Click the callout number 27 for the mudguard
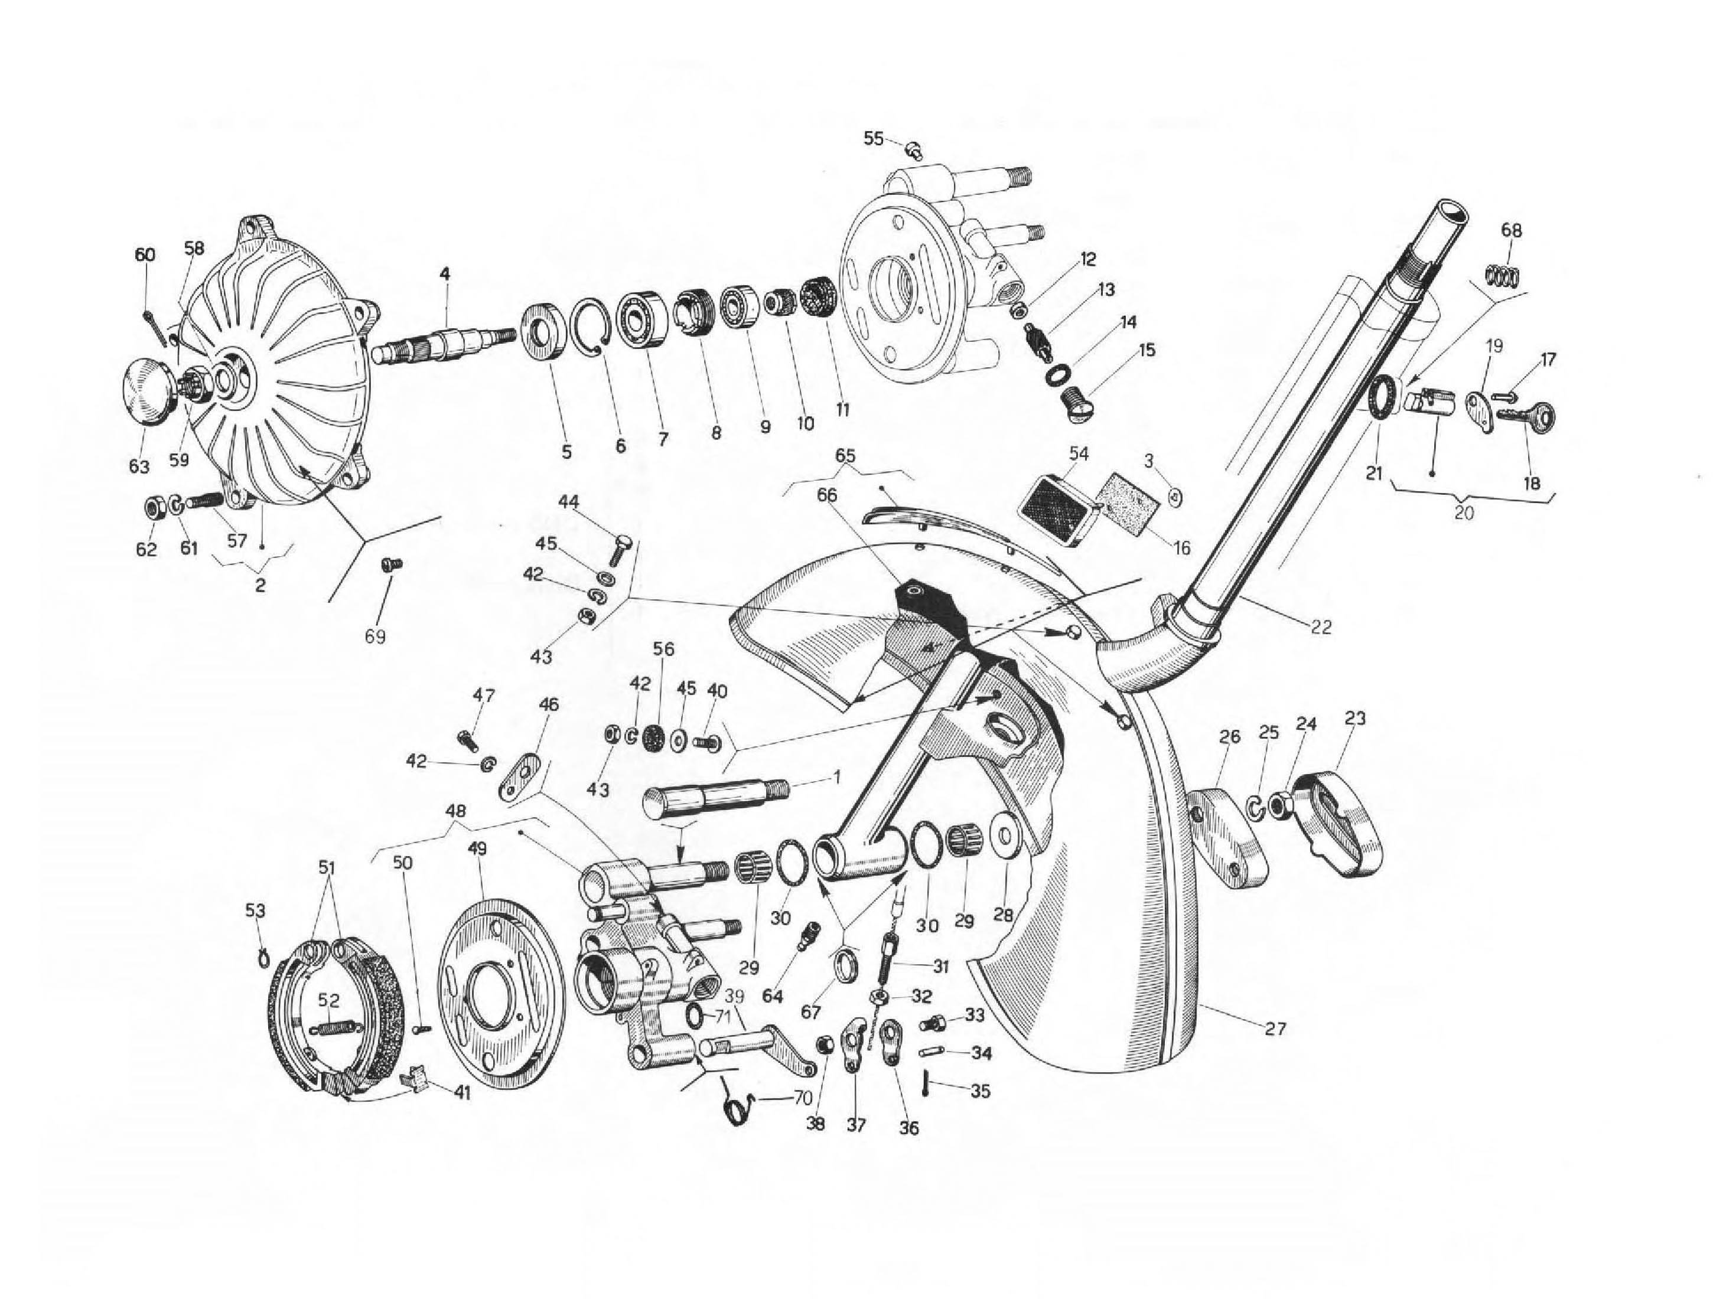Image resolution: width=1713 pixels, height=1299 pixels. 1275,1030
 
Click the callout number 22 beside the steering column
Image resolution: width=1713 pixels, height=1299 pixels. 1321,627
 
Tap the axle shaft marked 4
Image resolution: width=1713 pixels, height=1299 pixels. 445,343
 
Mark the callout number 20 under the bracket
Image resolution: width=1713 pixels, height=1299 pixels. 1464,513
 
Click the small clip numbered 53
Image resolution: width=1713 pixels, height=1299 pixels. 263,958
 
